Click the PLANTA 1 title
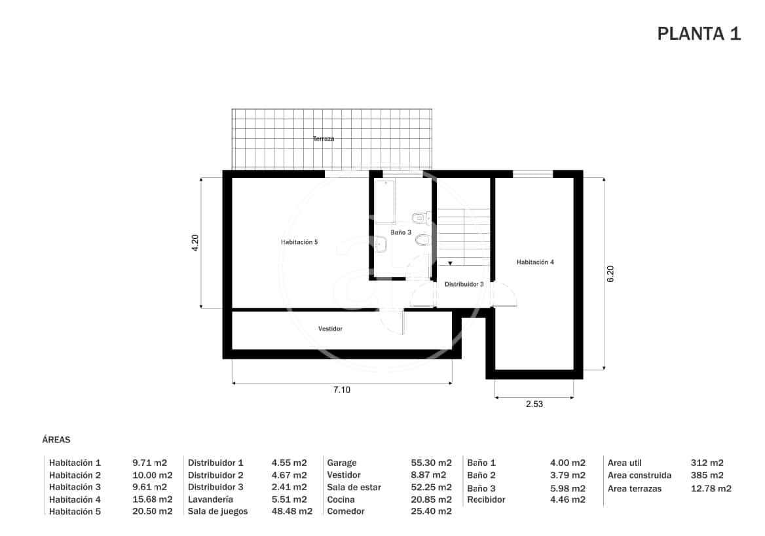click(699, 34)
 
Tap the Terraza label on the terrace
click(324, 139)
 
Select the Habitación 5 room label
click(299, 242)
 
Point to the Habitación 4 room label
click(535, 262)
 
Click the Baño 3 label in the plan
click(401, 232)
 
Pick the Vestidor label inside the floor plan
click(330, 329)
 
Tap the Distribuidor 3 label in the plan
click(464, 285)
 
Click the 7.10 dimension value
click(342, 390)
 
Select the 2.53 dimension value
click(534, 404)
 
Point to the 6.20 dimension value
click(610, 274)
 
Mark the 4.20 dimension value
click(195, 242)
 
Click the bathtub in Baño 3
click(384, 200)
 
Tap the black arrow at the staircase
click(450, 263)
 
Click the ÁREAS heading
click(56, 440)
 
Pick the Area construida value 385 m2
click(707, 475)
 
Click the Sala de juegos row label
click(218, 511)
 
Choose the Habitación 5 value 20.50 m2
click(152, 511)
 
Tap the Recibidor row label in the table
click(486, 499)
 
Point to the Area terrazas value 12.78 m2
click(711, 488)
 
